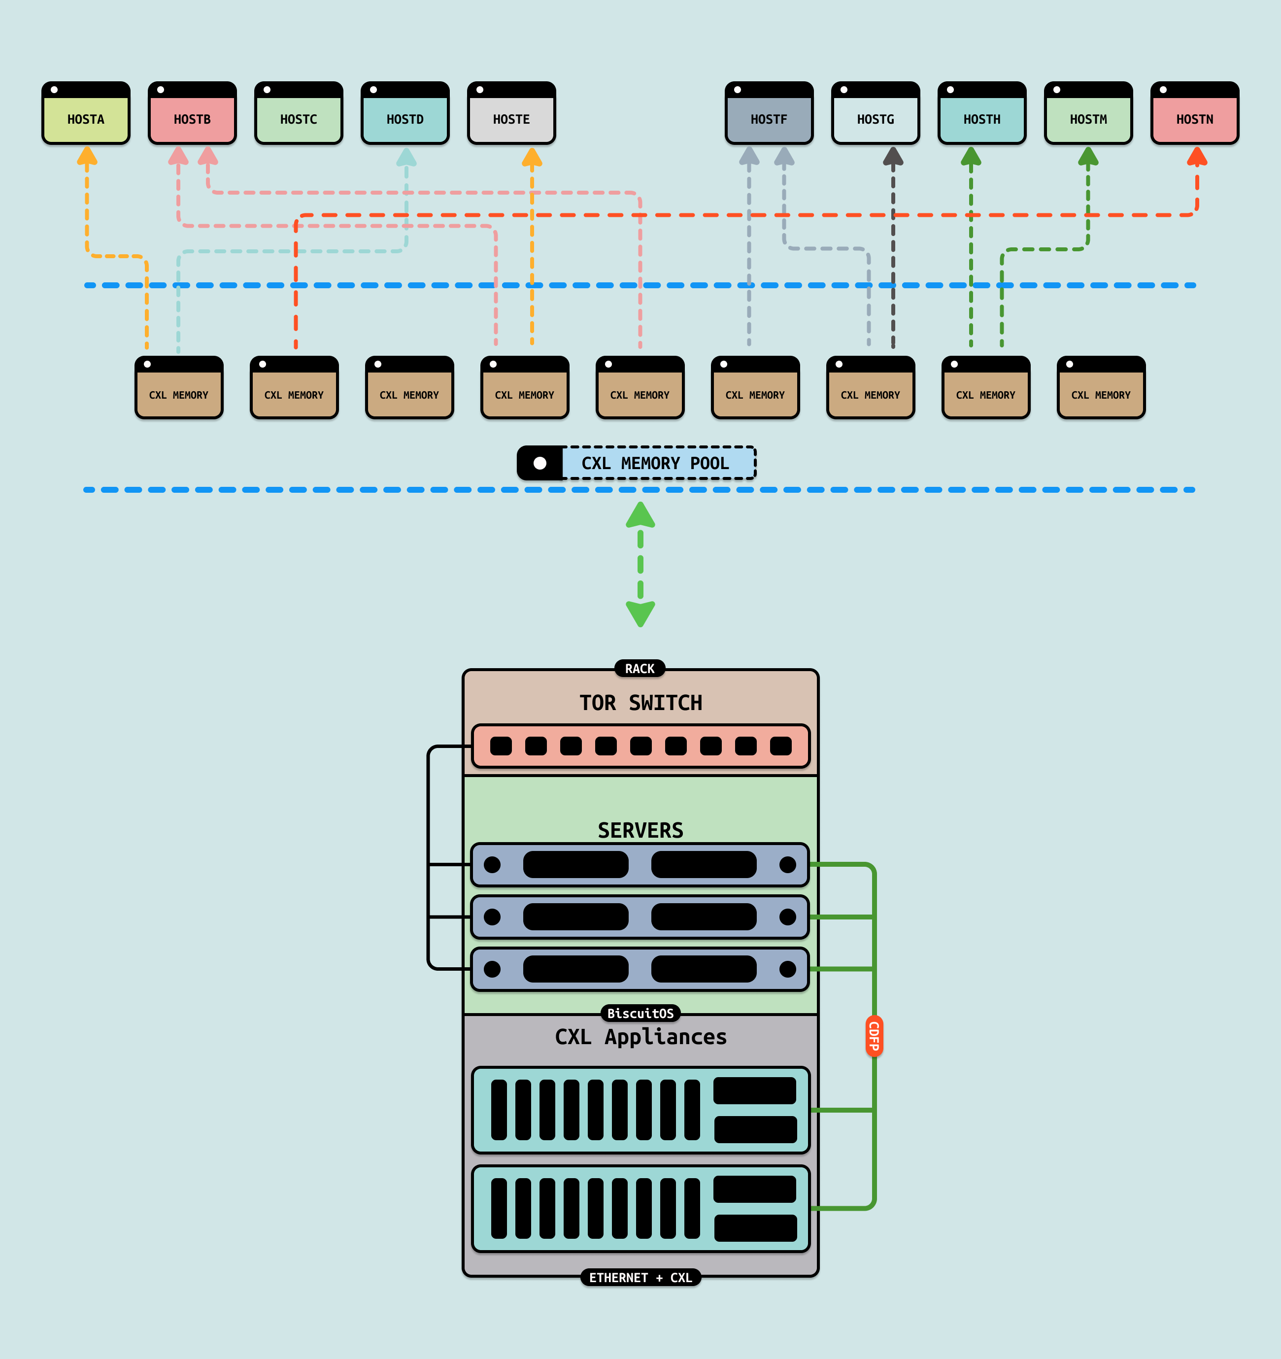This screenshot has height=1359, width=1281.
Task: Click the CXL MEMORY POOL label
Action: (655, 464)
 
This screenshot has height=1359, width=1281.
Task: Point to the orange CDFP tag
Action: (874, 1036)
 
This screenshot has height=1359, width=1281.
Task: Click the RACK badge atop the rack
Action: (640, 669)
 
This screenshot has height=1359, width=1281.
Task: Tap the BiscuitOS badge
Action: (640, 1013)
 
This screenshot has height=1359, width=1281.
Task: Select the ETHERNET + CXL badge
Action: (640, 1278)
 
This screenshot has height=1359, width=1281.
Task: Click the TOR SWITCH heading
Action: (640, 703)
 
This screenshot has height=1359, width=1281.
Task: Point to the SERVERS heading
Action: (640, 830)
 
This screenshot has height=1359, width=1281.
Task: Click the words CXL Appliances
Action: (640, 1037)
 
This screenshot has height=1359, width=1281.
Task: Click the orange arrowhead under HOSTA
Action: (87, 157)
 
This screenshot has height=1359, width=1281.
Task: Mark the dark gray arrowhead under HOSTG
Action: (893, 157)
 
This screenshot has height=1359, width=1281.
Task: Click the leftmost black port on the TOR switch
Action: (501, 746)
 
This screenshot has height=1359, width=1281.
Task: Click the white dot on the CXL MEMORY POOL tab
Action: (540, 464)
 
